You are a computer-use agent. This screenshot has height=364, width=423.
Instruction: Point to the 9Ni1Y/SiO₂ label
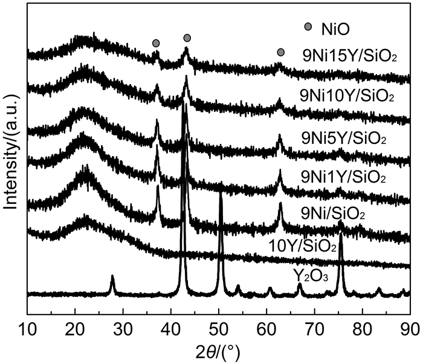pos(343,177)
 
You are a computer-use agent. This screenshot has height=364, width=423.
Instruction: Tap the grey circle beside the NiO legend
pos(308,27)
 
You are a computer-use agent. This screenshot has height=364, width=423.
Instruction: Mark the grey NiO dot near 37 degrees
pos(156,43)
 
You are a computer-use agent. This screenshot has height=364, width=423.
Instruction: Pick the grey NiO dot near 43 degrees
pos(187,38)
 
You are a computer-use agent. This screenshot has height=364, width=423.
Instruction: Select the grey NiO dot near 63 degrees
pos(280,53)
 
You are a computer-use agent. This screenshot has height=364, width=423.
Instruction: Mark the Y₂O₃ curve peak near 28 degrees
pos(112,276)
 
